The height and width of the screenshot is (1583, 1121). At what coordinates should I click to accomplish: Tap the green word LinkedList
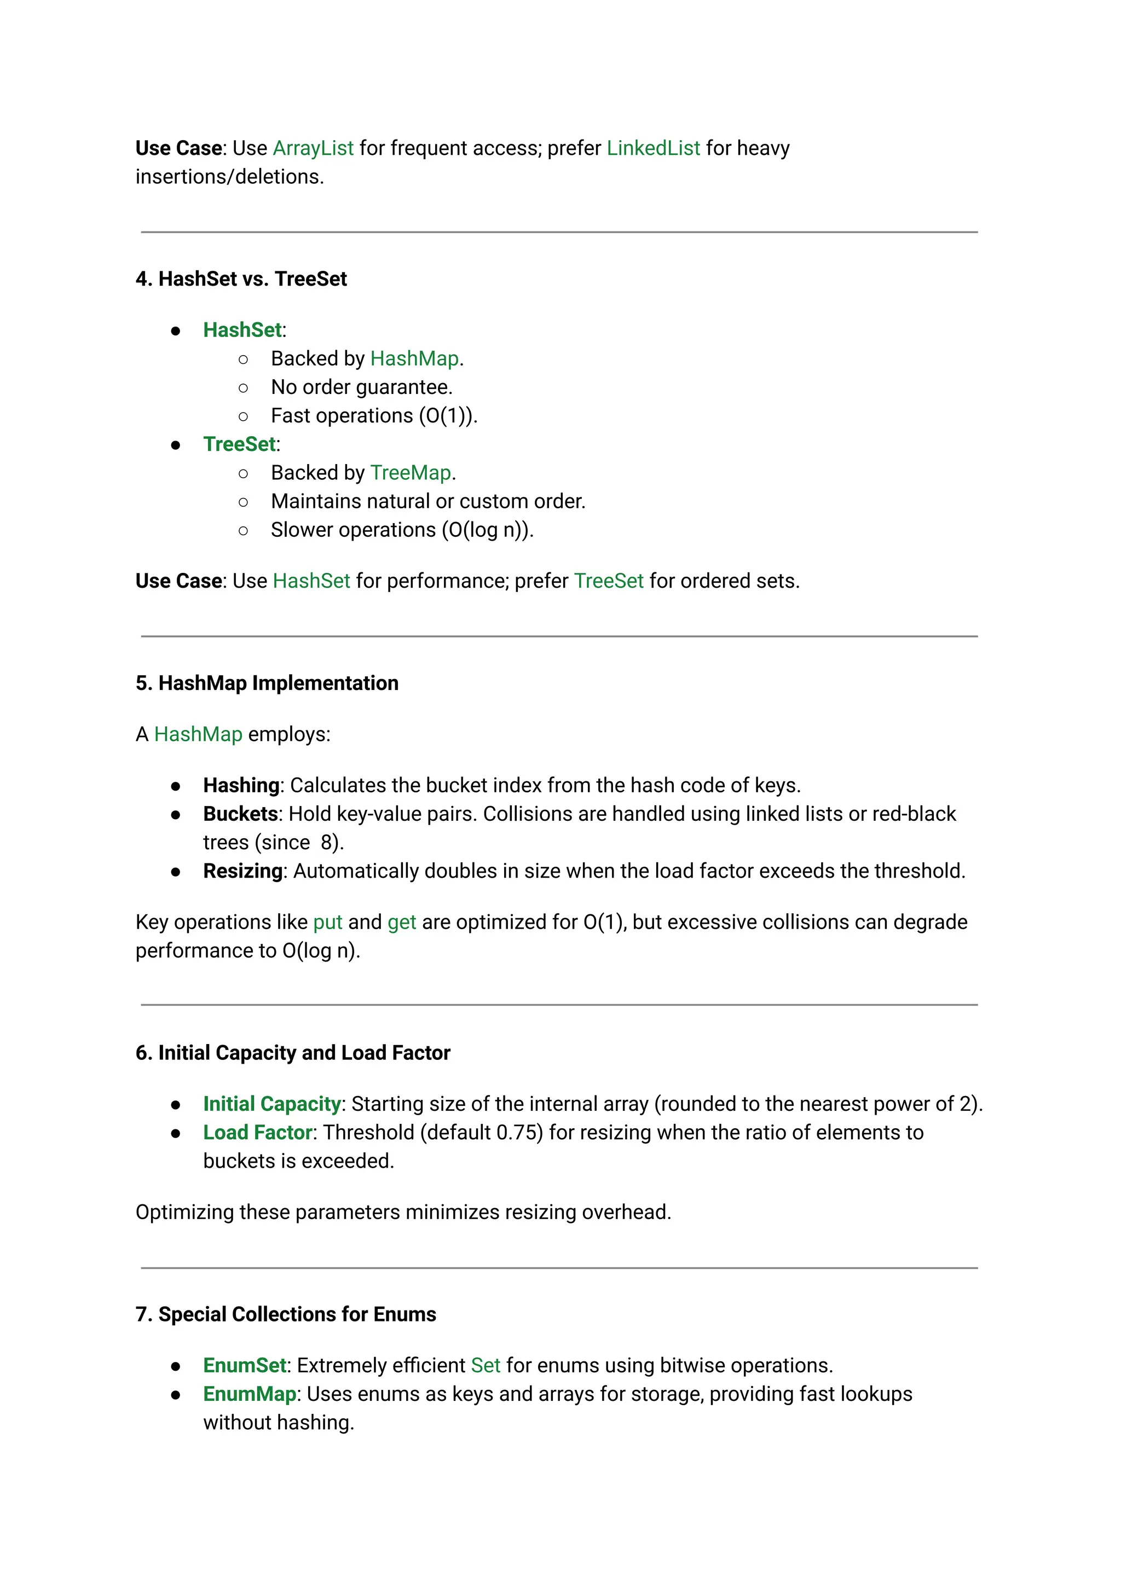coord(653,148)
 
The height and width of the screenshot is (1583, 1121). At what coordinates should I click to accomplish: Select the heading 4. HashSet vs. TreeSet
coord(241,279)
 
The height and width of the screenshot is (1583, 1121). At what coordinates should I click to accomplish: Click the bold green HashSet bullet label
coord(242,330)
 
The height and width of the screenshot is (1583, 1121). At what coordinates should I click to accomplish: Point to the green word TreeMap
coord(411,473)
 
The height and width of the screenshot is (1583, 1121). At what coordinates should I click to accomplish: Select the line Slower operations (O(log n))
coord(402,530)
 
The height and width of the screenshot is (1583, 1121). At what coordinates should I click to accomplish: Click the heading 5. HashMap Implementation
coord(267,683)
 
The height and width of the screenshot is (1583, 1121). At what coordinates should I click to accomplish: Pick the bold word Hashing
coord(241,785)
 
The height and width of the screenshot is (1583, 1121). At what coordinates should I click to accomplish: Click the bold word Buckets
coord(240,814)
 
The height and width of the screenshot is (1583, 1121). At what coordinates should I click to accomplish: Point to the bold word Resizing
coord(242,871)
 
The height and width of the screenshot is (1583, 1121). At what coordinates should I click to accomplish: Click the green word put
coord(327,923)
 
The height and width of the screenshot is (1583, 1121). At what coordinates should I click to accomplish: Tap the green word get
coord(402,923)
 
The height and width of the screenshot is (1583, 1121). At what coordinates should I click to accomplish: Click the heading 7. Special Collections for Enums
coord(286,1314)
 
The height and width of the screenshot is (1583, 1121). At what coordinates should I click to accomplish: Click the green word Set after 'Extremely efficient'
coord(486,1366)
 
